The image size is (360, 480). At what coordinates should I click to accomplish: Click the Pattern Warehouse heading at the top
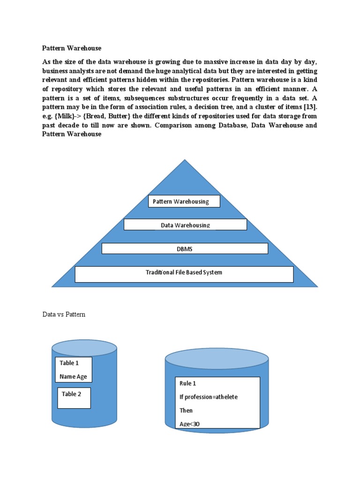pos(72,48)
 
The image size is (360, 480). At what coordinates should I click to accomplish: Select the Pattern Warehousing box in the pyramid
pos(184,202)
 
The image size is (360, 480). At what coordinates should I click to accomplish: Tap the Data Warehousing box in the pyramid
pos(185,225)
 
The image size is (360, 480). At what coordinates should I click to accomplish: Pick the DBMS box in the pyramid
pos(185,248)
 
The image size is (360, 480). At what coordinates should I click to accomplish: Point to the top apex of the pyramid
pos(185,161)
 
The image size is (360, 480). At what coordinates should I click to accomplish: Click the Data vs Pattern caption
pos(64,315)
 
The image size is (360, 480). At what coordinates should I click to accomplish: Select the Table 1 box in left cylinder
pos(74,370)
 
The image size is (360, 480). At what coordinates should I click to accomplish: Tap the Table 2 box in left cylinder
pos(74,397)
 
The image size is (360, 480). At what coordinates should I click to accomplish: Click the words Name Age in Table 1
pos(73,376)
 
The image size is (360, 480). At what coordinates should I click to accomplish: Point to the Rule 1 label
pos(188,383)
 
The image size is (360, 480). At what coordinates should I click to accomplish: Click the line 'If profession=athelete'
pos(209,397)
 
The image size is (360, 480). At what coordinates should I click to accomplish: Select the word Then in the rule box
pos(186,411)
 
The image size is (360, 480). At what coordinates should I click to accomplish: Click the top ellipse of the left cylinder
pos(84,348)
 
